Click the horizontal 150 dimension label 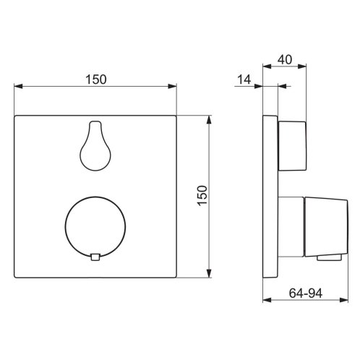(x=96, y=80)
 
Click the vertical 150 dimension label (x=202, y=195)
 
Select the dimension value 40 (x=285, y=59)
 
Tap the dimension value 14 (x=244, y=80)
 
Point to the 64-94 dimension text (x=306, y=293)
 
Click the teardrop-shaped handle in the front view (x=95, y=146)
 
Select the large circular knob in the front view (x=95, y=227)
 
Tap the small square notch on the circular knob (x=95, y=257)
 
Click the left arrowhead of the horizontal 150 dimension (x=18, y=86)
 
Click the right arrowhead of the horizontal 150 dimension (x=173, y=86)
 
